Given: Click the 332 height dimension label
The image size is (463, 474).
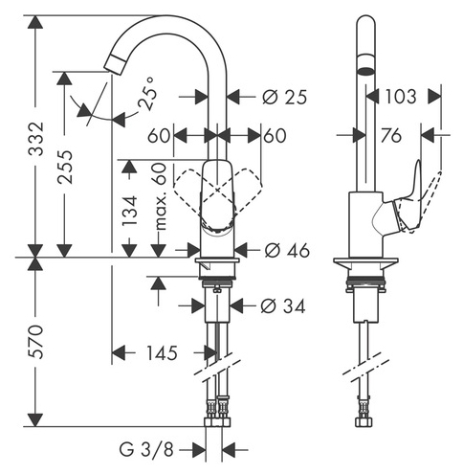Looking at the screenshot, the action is [x=36, y=139].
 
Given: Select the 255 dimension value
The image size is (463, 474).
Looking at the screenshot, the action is [x=65, y=167].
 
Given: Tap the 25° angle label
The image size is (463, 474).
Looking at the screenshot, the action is [x=147, y=93].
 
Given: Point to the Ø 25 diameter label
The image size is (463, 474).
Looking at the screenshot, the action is [x=285, y=97].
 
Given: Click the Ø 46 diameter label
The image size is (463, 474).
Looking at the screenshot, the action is [x=287, y=250].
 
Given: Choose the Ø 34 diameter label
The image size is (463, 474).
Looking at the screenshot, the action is [x=283, y=306].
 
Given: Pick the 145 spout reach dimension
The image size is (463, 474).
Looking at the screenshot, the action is [x=162, y=353].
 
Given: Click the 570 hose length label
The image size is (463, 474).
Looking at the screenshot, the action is [x=36, y=342].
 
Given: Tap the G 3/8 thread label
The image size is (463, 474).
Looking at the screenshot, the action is [x=146, y=450].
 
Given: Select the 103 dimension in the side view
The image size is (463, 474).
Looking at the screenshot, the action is [x=401, y=96].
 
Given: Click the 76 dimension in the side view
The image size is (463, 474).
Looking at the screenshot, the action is [x=391, y=136].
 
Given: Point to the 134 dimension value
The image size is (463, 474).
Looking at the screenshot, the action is [x=130, y=211].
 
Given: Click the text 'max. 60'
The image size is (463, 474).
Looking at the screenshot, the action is [x=160, y=196].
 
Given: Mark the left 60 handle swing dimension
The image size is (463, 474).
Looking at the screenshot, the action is [x=159, y=136].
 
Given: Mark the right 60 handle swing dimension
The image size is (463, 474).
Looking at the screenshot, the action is [x=275, y=136].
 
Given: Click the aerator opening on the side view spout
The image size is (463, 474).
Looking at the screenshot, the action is [x=365, y=71].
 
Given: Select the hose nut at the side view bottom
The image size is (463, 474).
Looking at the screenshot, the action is [x=364, y=421].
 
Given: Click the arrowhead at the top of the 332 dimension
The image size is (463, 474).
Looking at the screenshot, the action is [x=35, y=22].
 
